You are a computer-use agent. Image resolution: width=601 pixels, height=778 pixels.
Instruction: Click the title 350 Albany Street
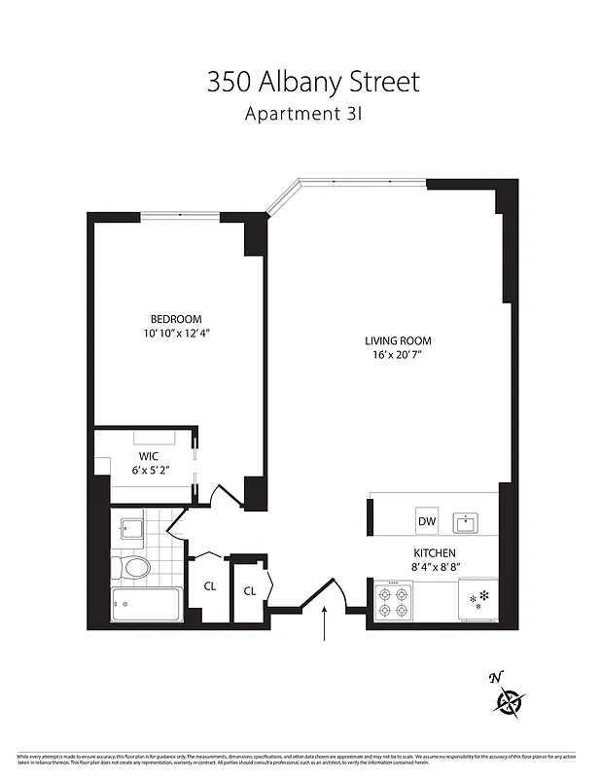coord(312,82)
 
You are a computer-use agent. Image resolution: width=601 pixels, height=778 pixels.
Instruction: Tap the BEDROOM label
coord(175,319)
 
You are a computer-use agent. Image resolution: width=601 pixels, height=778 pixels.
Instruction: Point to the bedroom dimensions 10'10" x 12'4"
coord(175,334)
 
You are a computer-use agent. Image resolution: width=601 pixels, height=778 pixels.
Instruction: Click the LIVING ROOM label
coord(398,340)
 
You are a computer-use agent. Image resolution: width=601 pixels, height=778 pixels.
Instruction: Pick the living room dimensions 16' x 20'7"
coord(398,355)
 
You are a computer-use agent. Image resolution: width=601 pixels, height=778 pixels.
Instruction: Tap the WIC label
coord(148,455)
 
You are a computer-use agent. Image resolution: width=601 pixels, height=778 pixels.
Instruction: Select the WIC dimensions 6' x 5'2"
coord(148,470)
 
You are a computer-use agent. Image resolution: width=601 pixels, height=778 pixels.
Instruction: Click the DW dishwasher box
coord(426,521)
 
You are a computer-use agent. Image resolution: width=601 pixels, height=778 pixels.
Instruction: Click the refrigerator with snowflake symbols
coord(478,600)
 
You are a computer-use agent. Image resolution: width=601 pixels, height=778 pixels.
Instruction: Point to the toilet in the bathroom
coord(134,566)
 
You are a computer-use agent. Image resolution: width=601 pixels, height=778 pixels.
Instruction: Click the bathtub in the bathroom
coord(146,604)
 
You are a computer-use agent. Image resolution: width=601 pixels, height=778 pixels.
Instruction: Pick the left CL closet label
coord(209,586)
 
